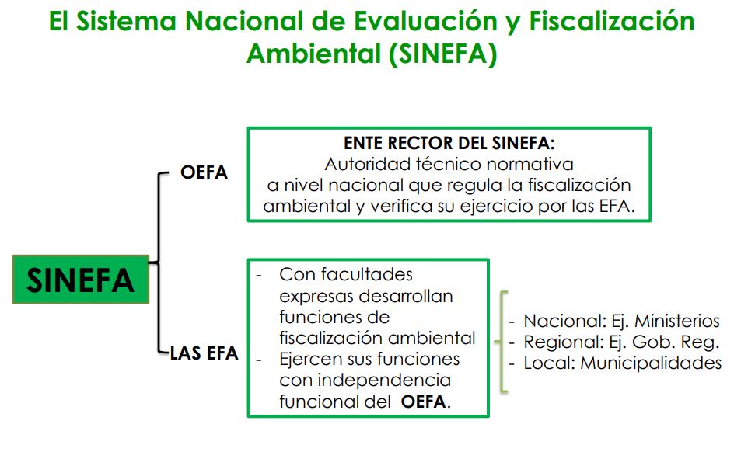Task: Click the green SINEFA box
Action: pyautogui.click(x=80, y=280)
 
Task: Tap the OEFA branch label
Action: pyautogui.click(x=204, y=172)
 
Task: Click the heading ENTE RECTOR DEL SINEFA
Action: pyautogui.click(x=449, y=144)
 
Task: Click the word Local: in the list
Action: pyautogui.click(x=549, y=363)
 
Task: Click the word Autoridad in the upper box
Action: pyautogui.click(x=363, y=165)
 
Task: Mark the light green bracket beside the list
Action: pyautogui.click(x=504, y=342)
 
